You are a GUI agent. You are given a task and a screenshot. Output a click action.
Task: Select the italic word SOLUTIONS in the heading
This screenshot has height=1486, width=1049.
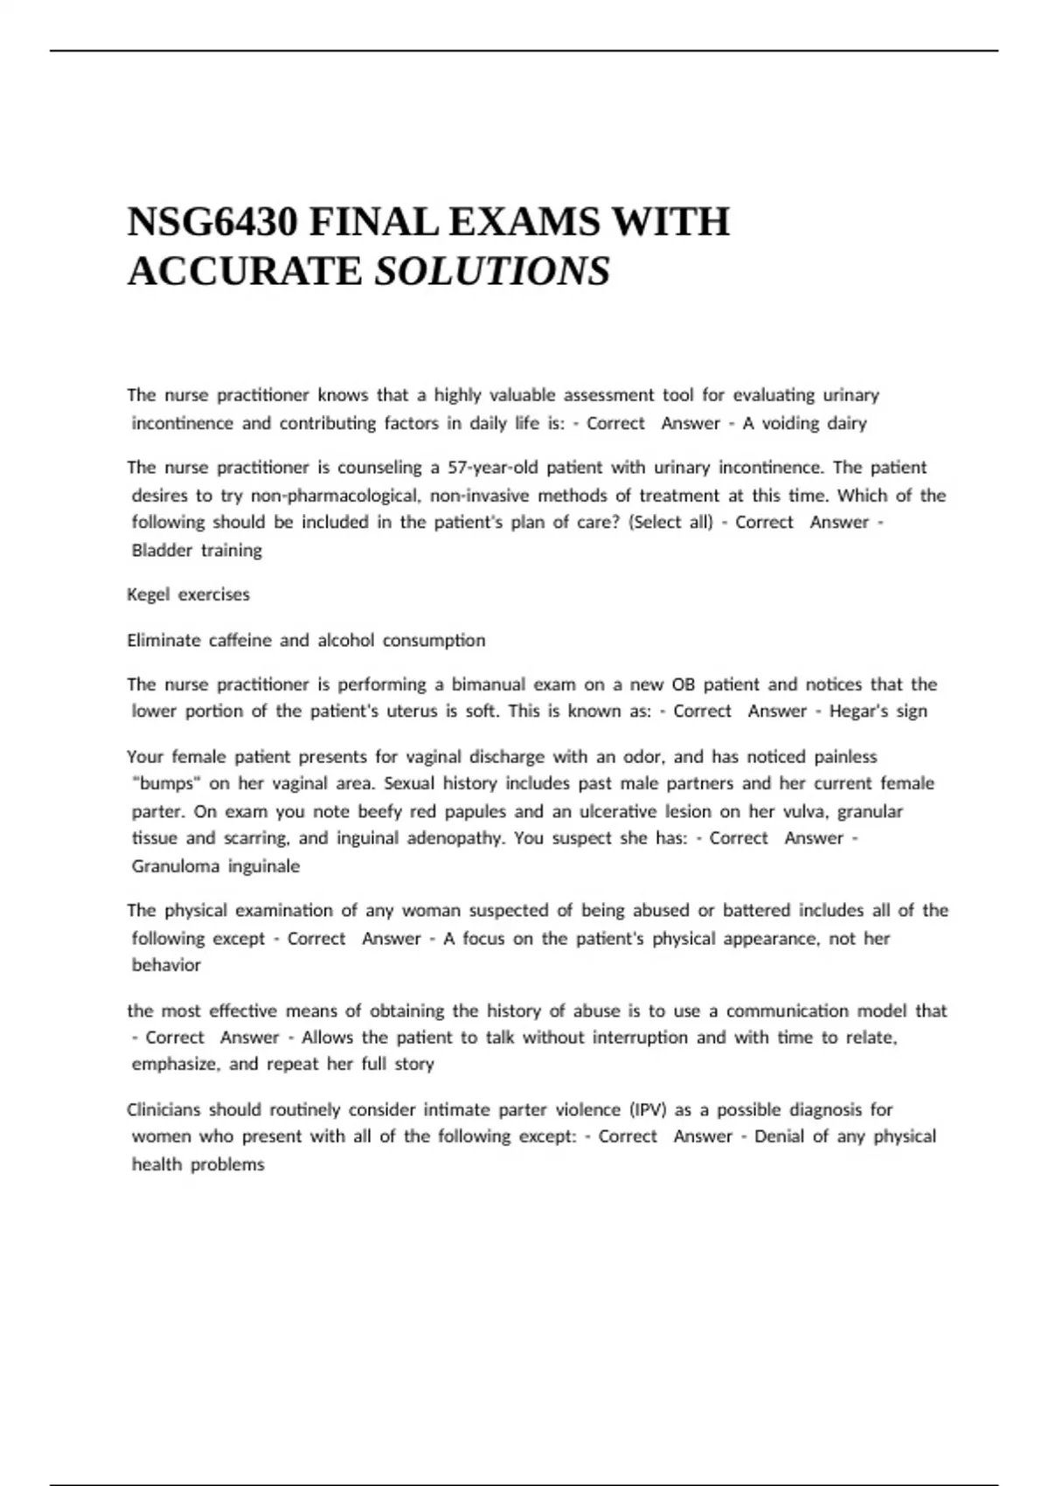pyautogui.click(x=492, y=271)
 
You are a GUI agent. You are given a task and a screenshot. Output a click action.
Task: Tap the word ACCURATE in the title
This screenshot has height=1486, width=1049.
pyautogui.click(x=245, y=271)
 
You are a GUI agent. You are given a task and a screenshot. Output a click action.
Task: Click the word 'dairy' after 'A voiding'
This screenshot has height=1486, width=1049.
pyautogui.click(x=846, y=424)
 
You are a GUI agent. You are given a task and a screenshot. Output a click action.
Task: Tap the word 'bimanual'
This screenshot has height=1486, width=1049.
pyautogui.click(x=487, y=684)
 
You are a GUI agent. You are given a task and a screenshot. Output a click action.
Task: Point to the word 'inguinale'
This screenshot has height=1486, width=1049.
pyautogui.click(x=264, y=866)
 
